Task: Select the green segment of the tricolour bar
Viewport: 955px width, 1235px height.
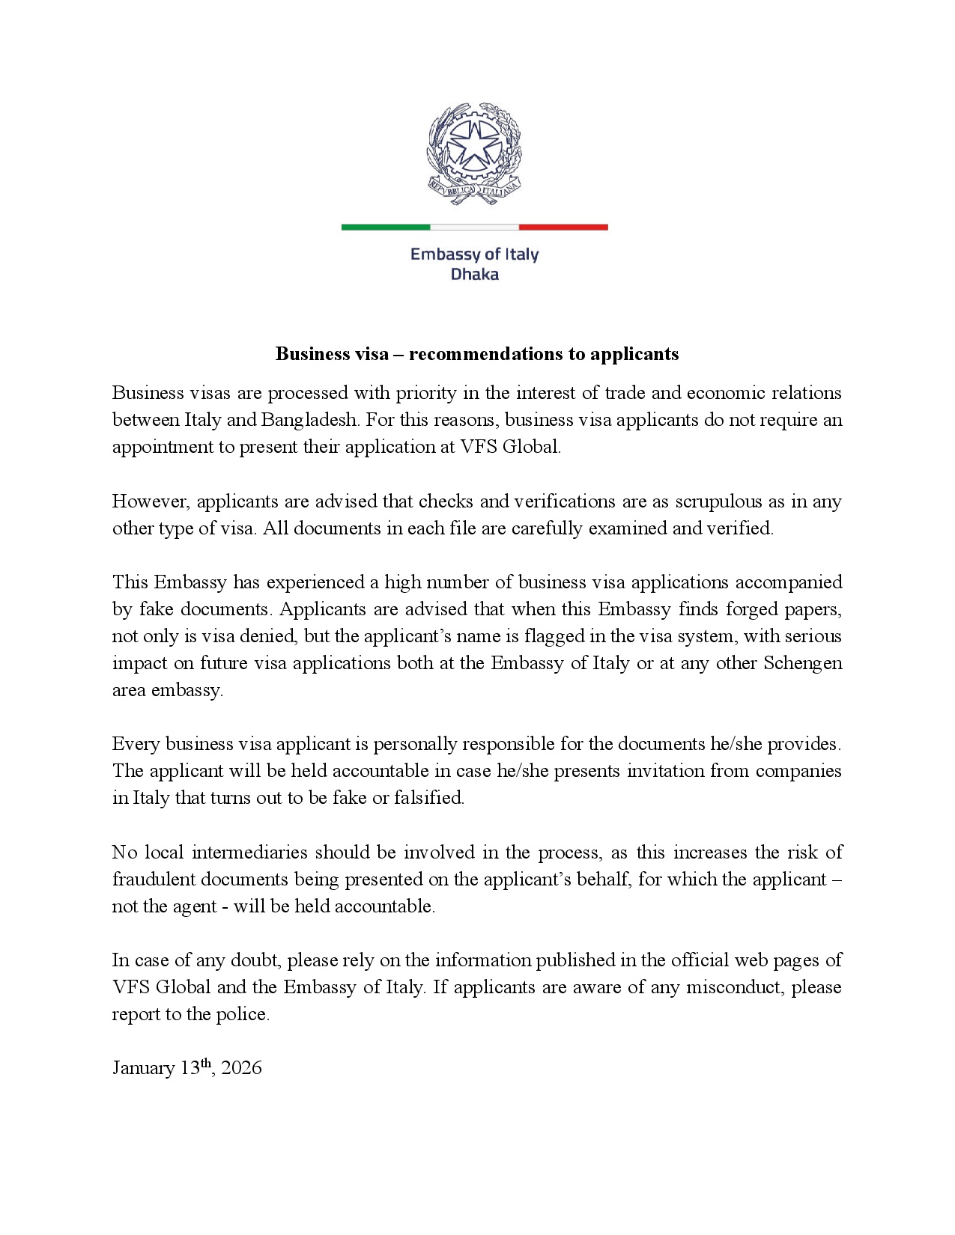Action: pos(386,227)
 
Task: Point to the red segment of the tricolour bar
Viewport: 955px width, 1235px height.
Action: pos(563,227)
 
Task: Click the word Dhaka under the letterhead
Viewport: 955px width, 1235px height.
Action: pos(474,274)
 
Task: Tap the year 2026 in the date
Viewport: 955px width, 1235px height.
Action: pos(242,1067)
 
